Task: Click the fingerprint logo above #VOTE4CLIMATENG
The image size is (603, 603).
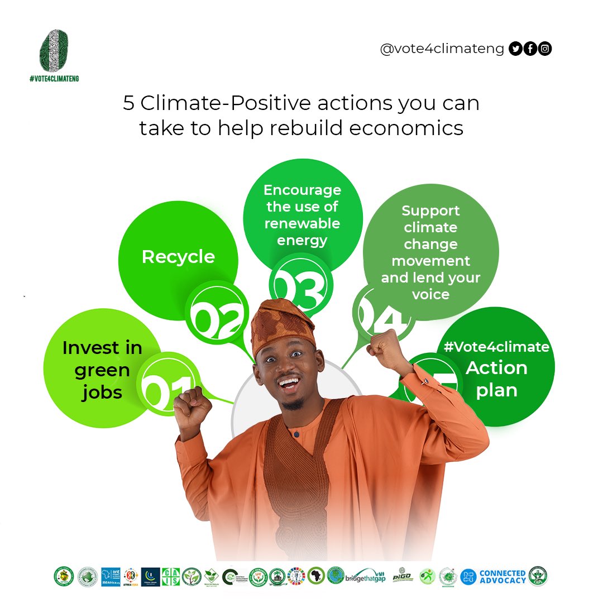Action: [54, 51]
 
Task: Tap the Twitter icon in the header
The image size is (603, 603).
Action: [515, 49]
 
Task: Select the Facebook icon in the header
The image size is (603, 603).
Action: [530, 49]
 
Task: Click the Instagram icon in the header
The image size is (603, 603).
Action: [545, 49]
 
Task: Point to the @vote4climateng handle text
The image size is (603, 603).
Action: [442, 49]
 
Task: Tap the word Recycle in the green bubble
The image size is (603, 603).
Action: [178, 257]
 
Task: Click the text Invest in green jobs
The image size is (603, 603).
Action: [102, 370]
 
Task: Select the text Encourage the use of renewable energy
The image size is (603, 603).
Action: [302, 215]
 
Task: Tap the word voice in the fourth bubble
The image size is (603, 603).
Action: [430, 294]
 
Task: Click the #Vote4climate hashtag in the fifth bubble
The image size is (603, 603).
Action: [496, 347]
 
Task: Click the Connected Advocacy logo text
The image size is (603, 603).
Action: [502, 576]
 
